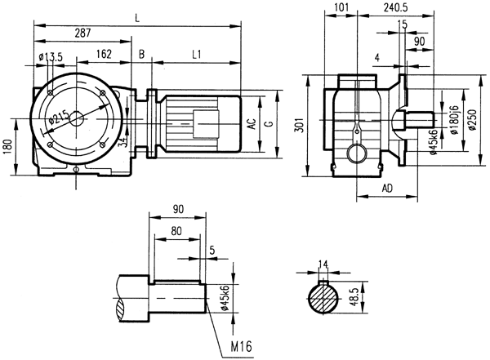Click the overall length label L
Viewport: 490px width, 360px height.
137,16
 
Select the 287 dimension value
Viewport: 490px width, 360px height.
82,34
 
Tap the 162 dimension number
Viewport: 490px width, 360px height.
104,55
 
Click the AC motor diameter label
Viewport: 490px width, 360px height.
253,124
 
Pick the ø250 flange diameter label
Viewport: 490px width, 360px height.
472,122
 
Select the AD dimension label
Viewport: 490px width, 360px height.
390,189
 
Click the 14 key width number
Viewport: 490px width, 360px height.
323,264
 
